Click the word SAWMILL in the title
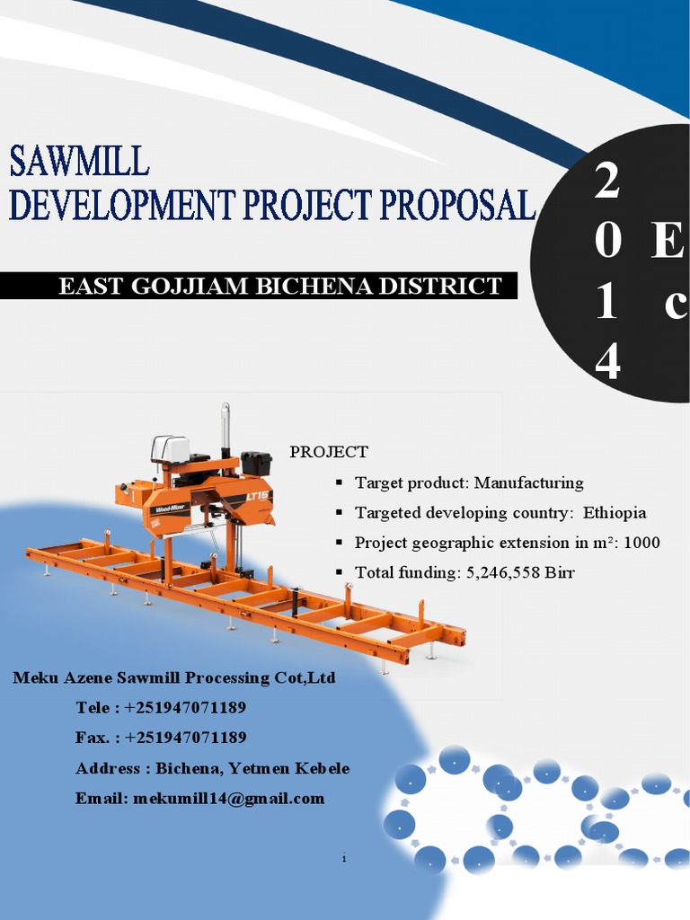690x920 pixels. point(79,162)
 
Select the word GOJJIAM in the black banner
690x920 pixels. point(204,287)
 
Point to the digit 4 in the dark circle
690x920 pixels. point(607,363)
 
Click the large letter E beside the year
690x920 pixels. point(667,243)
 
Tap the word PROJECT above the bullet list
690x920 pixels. point(329,452)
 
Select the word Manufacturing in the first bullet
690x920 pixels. point(528,483)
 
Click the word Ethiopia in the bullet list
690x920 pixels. point(615,513)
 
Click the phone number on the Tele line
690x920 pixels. point(186,708)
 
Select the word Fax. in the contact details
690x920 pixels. point(93,738)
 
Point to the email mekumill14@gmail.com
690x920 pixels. point(228,799)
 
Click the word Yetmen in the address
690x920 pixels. point(257,769)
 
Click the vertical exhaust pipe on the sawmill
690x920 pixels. point(226,428)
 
